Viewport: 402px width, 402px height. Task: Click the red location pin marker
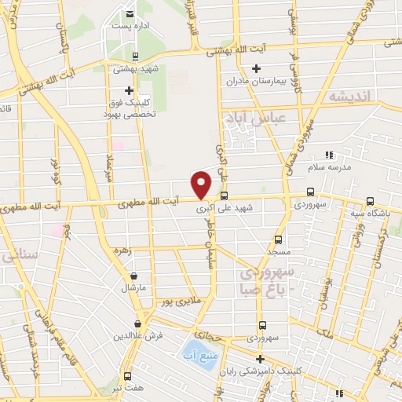pyautogui.click(x=202, y=184)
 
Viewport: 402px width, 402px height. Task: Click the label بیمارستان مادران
pyautogui.click(x=257, y=82)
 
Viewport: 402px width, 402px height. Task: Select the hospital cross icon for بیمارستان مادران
pyautogui.click(x=257, y=68)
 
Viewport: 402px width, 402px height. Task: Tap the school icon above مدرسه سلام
pyautogui.click(x=328, y=155)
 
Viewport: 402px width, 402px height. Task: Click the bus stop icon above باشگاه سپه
pyautogui.click(x=371, y=201)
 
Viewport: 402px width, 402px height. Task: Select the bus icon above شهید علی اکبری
pyautogui.click(x=225, y=196)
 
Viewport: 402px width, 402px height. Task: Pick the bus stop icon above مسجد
pyautogui.click(x=278, y=239)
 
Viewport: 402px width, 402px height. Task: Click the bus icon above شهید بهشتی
pyautogui.click(x=137, y=56)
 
